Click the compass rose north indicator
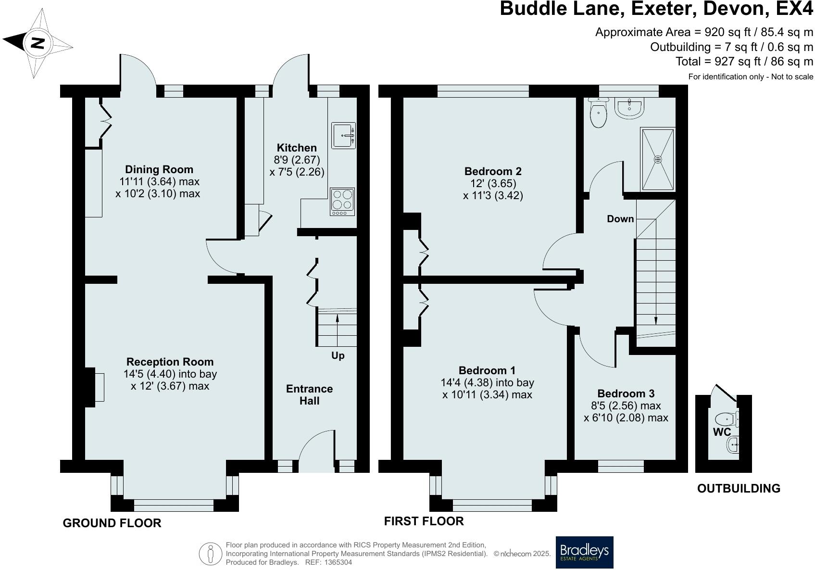tap(38, 43)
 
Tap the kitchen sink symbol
tap(343, 136)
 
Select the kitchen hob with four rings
tap(342, 201)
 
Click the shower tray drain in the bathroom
tap(658, 159)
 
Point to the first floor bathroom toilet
tap(599, 114)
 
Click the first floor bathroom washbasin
tap(629, 108)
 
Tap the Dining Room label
tap(159, 169)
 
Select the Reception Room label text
tap(170, 362)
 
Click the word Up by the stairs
tap(338, 356)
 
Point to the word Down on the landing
tap(620, 219)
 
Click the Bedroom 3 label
tap(626, 393)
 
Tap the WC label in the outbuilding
tap(722, 432)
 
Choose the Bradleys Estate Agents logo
tap(584, 552)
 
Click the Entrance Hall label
tap(309, 394)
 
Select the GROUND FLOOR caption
tap(112, 523)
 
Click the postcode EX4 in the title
tap(795, 9)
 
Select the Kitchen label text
tap(297, 148)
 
